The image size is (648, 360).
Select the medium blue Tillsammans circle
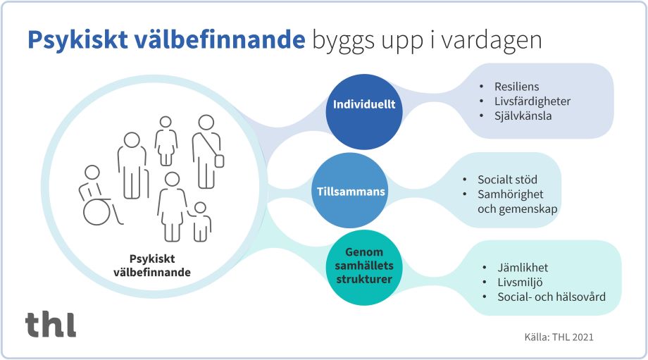tap(349, 190)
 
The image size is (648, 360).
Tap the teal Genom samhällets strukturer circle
tap(363, 266)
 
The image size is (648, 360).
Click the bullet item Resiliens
tap(516, 87)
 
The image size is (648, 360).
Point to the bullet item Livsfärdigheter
tap(532, 101)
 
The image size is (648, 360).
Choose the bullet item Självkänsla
tap(522, 116)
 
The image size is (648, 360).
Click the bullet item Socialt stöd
tap(507, 180)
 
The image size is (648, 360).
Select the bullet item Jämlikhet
tap(522, 268)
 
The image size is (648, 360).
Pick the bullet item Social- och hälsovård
tap(551, 297)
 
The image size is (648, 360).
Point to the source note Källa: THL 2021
tap(559, 337)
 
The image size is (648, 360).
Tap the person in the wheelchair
tap(95, 196)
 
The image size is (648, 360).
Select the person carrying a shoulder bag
tap(207, 151)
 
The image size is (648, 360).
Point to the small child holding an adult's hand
tap(201, 221)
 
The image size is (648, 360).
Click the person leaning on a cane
tap(132, 166)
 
